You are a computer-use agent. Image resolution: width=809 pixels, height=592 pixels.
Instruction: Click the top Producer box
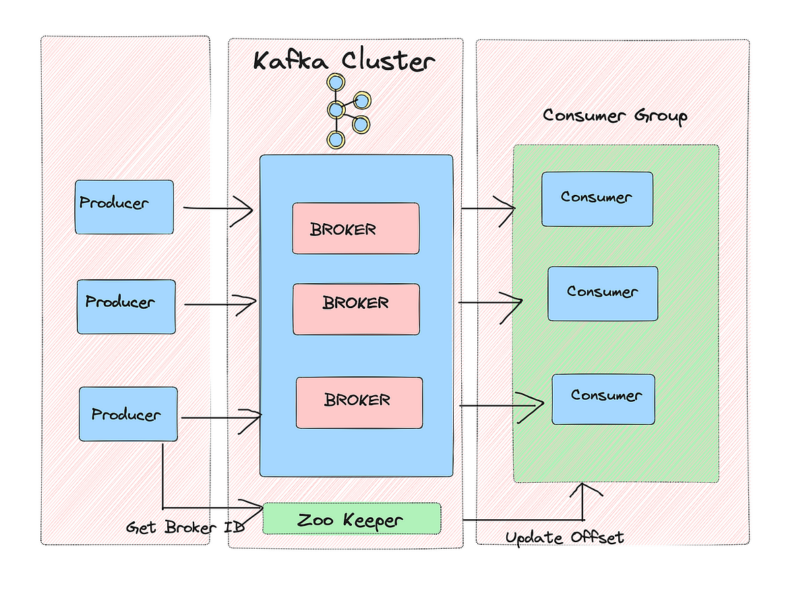coord(124,207)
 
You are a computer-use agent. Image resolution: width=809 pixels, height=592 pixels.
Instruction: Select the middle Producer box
coord(126,307)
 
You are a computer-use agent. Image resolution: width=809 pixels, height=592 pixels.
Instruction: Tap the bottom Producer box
coord(128,414)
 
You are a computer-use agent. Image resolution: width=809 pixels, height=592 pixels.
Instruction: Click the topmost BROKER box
coord(355,229)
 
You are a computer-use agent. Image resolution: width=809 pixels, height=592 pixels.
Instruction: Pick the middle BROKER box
coord(356,309)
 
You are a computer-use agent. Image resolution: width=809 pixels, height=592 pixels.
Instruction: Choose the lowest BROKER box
coord(359,403)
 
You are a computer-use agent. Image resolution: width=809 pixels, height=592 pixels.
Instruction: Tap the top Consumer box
coord(597,199)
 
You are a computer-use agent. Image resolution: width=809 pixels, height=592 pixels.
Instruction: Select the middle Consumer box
coord(602,293)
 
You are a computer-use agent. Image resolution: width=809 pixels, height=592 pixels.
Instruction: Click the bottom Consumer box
coord(603,399)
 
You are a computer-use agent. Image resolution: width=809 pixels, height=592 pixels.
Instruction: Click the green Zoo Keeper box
coord(351,519)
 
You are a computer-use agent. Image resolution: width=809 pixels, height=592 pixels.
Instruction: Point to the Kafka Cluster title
coord(344,61)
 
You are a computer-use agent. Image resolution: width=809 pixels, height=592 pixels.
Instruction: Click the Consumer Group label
coord(614,115)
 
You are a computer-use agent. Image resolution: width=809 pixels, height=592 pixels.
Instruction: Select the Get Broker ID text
coord(185,527)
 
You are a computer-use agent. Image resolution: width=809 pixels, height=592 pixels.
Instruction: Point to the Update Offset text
coord(564,537)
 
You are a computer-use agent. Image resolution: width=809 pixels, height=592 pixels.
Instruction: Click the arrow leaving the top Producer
coord(217,209)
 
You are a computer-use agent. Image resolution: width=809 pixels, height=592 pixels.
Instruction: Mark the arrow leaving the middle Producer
coord(219,304)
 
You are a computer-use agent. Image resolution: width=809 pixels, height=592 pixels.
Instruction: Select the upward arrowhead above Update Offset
coord(583,489)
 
